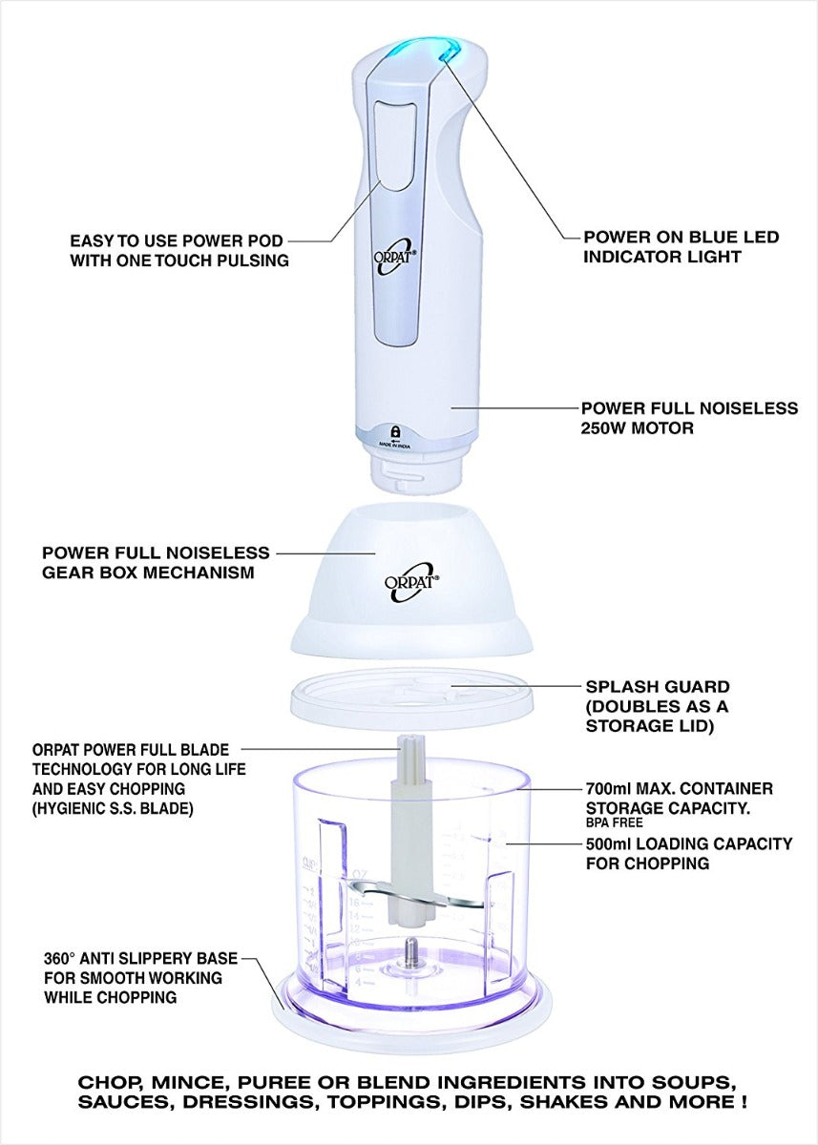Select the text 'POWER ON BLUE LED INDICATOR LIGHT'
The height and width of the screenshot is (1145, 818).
pyautogui.click(x=681, y=246)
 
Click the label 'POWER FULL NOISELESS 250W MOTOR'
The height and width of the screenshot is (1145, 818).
pyautogui.click(x=689, y=418)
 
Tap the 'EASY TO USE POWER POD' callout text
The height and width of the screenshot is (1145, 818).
pyautogui.click(x=178, y=240)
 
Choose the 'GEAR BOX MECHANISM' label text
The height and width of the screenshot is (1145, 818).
pyautogui.click(x=147, y=573)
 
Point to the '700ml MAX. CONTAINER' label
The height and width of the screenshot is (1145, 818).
pyautogui.click(x=678, y=789)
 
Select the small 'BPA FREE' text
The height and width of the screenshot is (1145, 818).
pyautogui.click(x=614, y=822)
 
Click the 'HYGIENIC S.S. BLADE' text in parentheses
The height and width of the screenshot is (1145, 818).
pyautogui.click(x=112, y=807)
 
